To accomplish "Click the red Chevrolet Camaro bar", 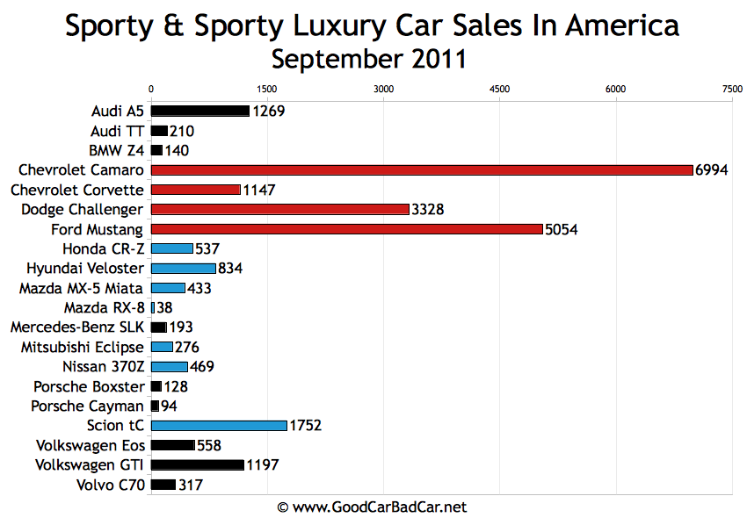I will [422, 169].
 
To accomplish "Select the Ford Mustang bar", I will [347, 229].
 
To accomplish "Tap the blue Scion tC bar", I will [219, 426].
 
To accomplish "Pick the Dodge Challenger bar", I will [280, 209].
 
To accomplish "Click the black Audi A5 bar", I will [200, 111].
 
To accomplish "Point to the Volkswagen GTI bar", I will [198, 464].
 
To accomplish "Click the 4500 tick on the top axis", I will [499, 89].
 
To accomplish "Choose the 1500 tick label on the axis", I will [267, 89].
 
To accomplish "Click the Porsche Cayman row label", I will [87, 406].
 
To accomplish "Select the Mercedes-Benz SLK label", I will [76, 327].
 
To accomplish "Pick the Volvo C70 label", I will [108, 484].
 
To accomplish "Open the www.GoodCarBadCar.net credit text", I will [372, 507].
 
